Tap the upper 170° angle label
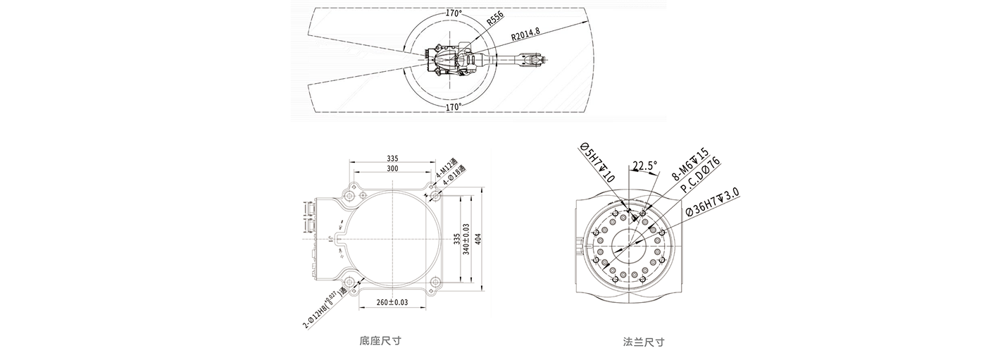[454, 13]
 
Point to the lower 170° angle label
[454, 107]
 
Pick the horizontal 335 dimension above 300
[392, 159]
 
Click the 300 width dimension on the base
[392, 169]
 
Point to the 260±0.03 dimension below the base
[392, 302]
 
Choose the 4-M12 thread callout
[444, 168]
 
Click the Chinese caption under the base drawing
[380, 342]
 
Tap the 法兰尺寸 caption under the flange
[644, 342]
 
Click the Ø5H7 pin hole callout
[597, 162]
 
